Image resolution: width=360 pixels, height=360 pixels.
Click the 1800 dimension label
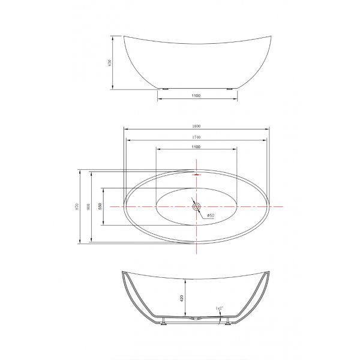[x=196, y=126]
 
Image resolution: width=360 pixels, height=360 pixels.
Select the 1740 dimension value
[x=196, y=137]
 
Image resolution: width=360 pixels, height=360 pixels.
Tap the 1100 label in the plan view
[x=196, y=148]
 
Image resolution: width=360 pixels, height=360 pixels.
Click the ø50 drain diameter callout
[x=211, y=215]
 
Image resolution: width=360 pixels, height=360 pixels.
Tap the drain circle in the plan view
[x=196, y=206]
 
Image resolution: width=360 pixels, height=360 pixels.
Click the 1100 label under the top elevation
[x=196, y=96]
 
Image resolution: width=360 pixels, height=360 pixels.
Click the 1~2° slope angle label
[x=220, y=308]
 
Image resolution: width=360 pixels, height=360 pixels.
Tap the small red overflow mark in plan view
[x=196, y=174]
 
